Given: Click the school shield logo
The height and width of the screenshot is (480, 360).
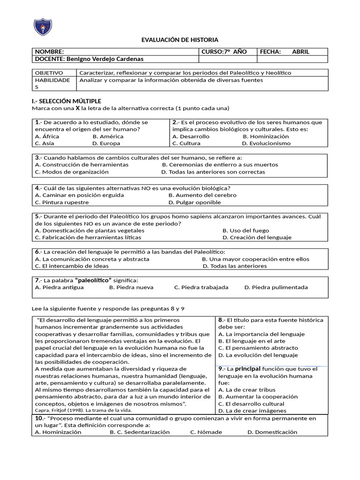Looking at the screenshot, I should click(43, 26).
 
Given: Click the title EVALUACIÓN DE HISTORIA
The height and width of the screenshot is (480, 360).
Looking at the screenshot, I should click(180, 40).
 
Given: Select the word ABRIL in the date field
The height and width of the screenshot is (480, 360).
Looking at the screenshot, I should click(300, 52).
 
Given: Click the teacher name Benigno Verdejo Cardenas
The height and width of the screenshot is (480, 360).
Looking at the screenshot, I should click(105, 59).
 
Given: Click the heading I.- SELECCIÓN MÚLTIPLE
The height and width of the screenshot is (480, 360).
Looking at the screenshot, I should click(66, 101).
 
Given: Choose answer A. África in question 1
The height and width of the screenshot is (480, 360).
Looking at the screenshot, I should click(47, 136).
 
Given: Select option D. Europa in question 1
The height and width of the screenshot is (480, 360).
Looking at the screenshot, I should click(106, 143).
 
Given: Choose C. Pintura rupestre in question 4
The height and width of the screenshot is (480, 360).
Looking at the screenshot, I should click(61, 202).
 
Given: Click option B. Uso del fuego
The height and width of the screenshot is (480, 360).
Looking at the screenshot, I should click(246, 231).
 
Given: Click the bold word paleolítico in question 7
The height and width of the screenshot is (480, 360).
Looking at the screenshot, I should click(94, 280).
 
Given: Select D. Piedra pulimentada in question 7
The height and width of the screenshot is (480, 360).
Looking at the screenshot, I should click(276, 287).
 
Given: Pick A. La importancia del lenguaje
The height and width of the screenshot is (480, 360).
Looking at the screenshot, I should click(261, 334).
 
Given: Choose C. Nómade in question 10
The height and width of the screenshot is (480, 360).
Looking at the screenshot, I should click(206, 432).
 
